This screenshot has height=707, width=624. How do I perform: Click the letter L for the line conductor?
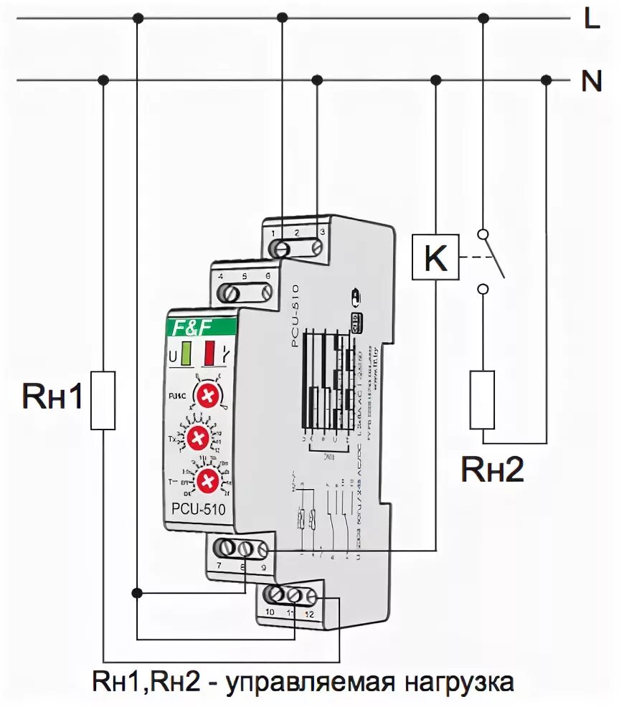592,19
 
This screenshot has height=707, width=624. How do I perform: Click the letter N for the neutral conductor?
592,82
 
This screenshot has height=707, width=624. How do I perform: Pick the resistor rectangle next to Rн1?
103,400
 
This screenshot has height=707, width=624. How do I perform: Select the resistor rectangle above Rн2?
483,400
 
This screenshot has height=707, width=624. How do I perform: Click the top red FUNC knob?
209,395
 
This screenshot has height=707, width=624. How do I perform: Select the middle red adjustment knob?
199,437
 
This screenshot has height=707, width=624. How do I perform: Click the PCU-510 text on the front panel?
198,511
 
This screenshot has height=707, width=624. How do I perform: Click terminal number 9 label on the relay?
263,567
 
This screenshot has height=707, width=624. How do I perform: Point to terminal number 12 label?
309,613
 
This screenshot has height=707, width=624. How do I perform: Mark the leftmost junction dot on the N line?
104,79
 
